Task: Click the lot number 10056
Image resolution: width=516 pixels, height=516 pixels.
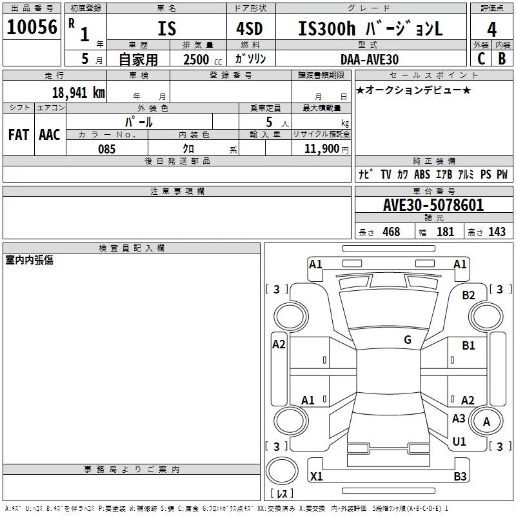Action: click(x=32, y=27)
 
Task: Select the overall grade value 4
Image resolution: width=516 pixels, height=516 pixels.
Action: click(x=491, y=30)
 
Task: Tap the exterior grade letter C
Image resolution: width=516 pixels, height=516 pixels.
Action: click(x=481, y=59)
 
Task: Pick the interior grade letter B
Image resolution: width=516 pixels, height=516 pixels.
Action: click(x=502, y=59)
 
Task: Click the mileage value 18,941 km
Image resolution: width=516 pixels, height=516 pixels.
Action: click(x=79, y=92)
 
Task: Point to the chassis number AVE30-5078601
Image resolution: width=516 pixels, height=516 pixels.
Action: click(x=433, y=205)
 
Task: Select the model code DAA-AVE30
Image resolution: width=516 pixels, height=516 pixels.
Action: click(x=370, y=59)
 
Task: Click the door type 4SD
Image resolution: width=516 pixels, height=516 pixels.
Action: click(x=250, y=28)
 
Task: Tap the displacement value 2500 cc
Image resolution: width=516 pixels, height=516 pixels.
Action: click(x=203, y=59)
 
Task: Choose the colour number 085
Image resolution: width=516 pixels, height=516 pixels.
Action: click(x=107, y=149)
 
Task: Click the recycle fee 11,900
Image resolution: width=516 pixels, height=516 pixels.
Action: click(x=321, y=148)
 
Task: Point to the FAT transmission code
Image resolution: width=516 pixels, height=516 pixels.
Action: click(x=19, y=135)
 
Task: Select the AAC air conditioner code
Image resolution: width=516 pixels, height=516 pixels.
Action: click(x=50, y=135)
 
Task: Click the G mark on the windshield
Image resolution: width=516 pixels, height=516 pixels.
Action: click(x=408, y=339)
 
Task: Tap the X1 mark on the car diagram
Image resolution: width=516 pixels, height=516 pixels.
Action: click(x=316, y=476)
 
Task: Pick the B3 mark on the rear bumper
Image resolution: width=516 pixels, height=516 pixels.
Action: click(x=460, y=476)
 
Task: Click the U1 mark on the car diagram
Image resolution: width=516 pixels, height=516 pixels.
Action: click(x=459, y=441)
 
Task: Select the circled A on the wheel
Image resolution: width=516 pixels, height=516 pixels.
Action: click(x=486, y=421)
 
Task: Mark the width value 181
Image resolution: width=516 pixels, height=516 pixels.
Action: click(x=445, y=232)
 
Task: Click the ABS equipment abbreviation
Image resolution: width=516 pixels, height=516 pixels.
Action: click(x=422, y=174)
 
